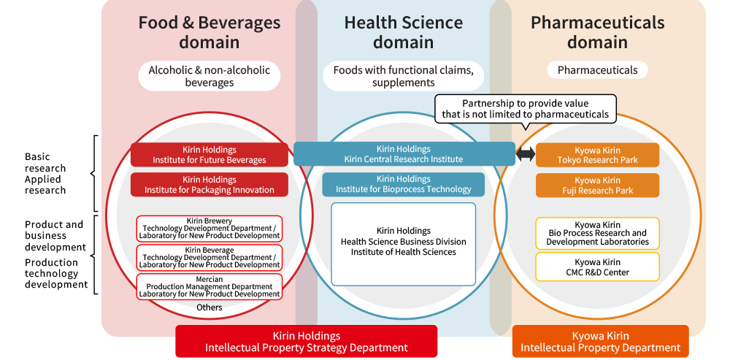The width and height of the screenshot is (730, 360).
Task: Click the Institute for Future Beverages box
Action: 209,155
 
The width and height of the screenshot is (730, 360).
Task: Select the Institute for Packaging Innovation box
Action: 209,185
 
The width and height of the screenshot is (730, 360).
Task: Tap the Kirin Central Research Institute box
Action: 404,154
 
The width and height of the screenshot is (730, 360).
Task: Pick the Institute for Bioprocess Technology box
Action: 403,185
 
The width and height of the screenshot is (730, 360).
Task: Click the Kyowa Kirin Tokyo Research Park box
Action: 597,155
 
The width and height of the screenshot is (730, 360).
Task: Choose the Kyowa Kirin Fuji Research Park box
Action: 597,185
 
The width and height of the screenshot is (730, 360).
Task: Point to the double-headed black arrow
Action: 526,155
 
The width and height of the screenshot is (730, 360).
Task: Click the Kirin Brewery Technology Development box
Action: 209,229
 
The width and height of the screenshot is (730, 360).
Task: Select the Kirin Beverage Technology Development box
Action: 209,258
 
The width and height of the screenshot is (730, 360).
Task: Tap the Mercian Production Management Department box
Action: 209,286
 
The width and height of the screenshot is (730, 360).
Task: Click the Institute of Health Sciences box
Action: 403,244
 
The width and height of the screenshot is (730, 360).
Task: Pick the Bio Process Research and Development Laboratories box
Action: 597,234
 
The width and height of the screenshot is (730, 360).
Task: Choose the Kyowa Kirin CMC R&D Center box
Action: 597,267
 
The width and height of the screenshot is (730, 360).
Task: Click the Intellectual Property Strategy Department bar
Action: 307,341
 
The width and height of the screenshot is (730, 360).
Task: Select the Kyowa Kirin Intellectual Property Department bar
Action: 600,341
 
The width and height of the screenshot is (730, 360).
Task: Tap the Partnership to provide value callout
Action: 525,110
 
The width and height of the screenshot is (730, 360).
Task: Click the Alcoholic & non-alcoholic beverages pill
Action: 209,76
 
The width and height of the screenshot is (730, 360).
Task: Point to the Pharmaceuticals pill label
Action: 597,70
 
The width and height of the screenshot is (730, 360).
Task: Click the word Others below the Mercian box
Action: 209,307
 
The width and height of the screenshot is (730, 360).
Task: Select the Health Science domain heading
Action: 403,32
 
